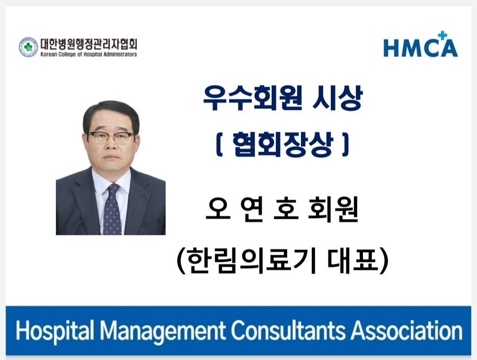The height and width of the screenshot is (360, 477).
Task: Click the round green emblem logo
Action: (28, 47)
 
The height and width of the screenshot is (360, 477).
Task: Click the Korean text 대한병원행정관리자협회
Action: (89, 44)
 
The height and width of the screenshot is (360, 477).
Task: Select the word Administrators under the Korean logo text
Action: (121, 54)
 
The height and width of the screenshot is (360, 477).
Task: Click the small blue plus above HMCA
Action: (442, 36)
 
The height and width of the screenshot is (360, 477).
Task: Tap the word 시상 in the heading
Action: (337, 98)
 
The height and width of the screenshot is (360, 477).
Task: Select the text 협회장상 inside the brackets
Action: (283, 145)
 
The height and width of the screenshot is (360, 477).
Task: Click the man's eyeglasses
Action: (111, 137)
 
